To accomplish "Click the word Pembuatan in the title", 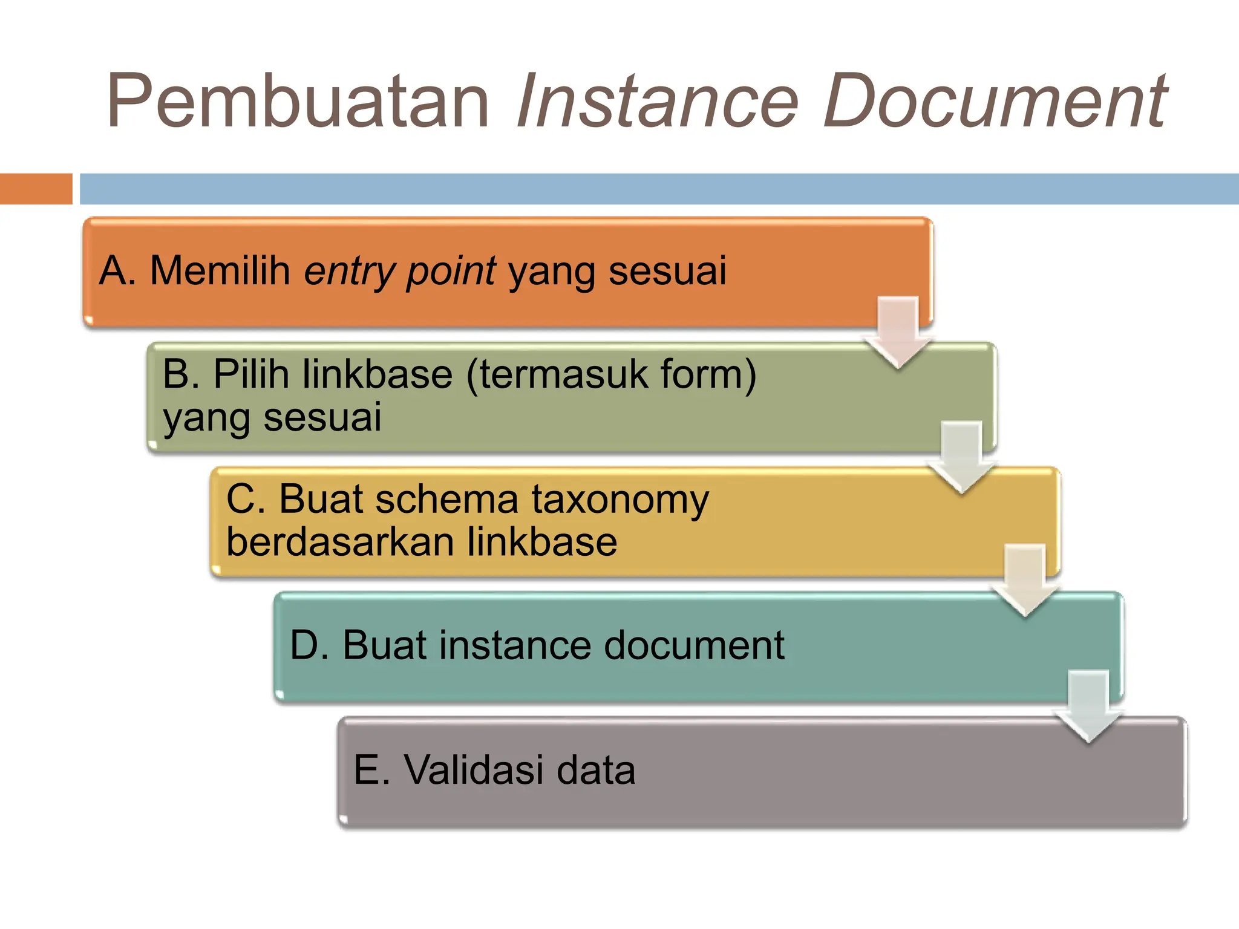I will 298,101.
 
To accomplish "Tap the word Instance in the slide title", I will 657,101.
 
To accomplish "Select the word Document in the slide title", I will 995,101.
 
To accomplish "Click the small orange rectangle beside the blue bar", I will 36,189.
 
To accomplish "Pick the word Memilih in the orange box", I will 220,270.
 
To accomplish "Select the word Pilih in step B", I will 251,374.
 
